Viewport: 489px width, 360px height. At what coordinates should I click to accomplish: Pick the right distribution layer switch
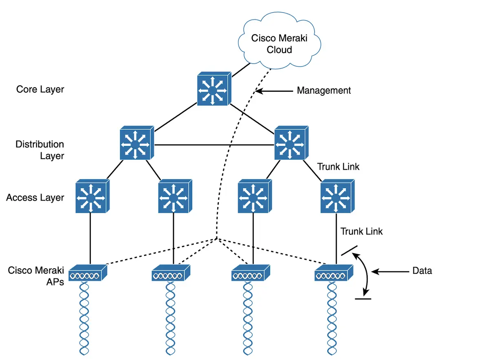click(291, 144)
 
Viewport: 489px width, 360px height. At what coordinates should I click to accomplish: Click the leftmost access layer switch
click(91, 197)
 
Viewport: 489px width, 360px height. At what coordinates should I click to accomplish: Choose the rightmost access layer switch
click(335, 197)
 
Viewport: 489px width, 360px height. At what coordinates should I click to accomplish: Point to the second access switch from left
click(174, 197)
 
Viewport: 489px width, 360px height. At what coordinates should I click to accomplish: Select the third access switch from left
click(253, 197)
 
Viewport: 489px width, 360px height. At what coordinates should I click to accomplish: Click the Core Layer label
click(40, 89)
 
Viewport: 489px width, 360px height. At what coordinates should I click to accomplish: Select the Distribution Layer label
click(40, 150)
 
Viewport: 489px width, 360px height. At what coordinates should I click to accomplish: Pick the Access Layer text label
click(35, 198)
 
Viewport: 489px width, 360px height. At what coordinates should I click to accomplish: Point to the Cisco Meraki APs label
click(36, 276)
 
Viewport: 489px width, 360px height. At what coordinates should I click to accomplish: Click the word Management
click(324, 91)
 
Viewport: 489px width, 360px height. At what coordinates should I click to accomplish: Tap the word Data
click(422, 270)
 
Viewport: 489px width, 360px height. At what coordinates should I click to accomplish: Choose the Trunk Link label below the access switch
click(361, 231)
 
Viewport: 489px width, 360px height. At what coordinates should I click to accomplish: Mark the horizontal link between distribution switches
click(214, 145)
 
